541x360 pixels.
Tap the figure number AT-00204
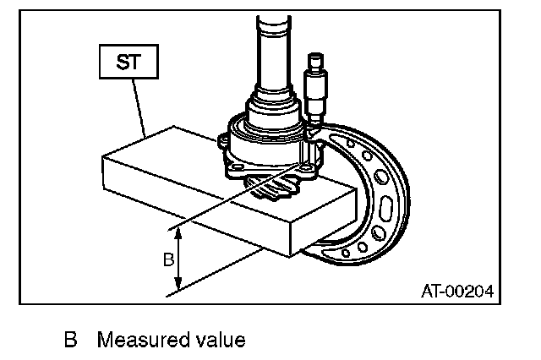[x=456, y=292]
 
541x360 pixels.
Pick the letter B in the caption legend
[x=71, y=341]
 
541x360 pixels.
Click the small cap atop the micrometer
[x=316, y=61]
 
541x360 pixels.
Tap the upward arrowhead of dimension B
[x=178, y=232]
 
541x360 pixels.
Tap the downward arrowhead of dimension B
[x=178, y=288]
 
